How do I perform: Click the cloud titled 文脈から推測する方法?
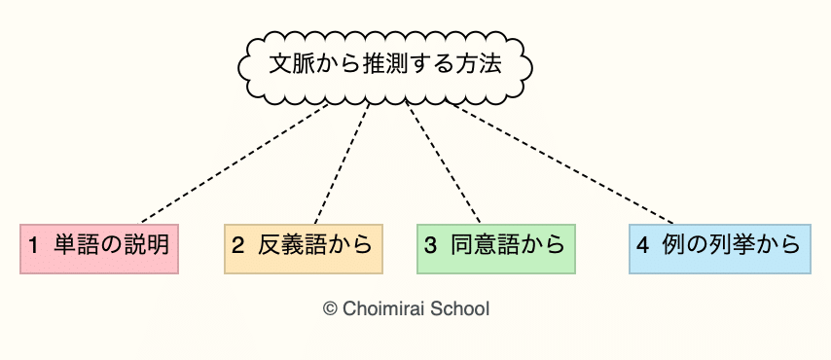click(x=386, y=66)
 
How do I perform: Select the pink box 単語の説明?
click(x=99, y=248)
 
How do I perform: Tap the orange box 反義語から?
click(x=303, y=248)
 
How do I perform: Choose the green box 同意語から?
click(x=495, y=248)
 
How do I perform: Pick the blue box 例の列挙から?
click(x=719, y=248)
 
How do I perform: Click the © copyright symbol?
click(x=330, y=308)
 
